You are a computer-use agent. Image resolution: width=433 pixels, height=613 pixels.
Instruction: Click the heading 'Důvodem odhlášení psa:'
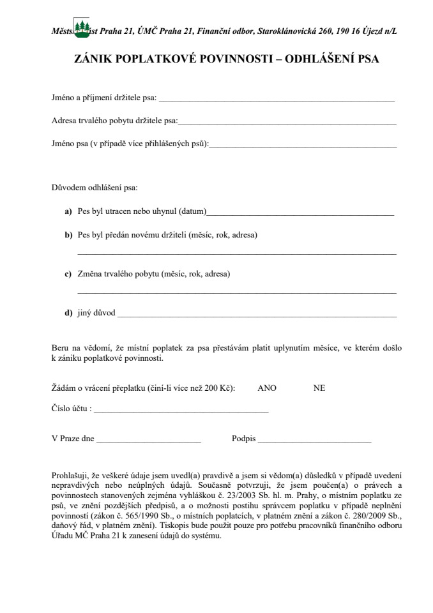[x=94, y=188]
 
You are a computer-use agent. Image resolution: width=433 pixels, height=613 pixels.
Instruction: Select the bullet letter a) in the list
[x=68, y=211]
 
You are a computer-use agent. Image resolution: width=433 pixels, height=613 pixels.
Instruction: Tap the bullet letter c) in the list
[x=68, y=274]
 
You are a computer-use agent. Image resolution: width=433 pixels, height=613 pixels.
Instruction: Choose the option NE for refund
[x=319, y=388]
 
